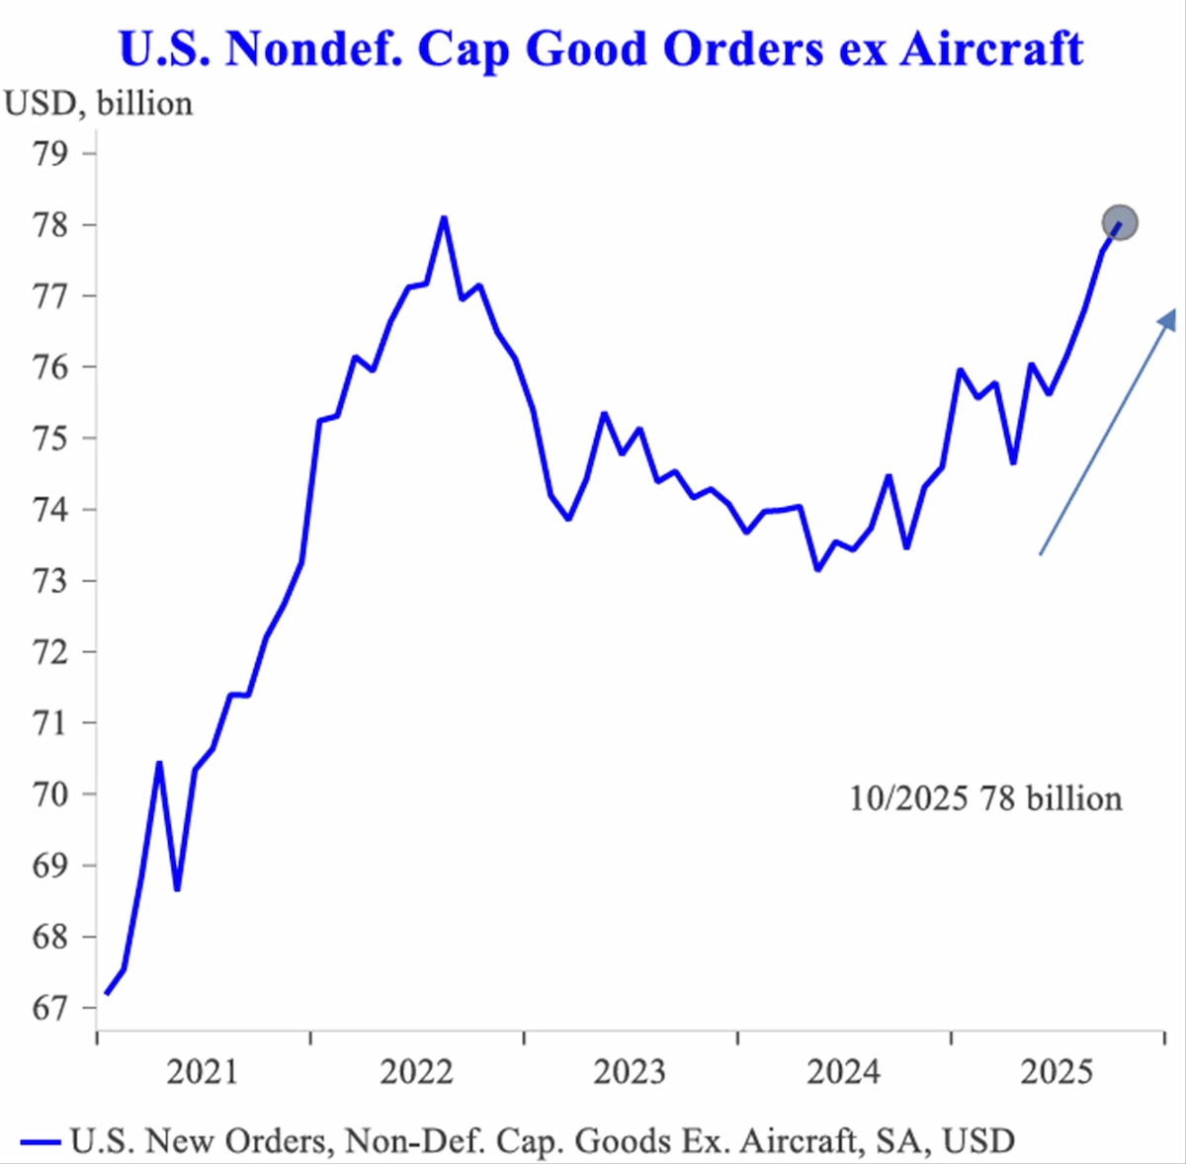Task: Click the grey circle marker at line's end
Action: (1120, 222)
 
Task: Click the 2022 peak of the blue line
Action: (444, 217)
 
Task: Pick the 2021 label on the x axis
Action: (202, 1072)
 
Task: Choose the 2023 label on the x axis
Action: (630, 1072)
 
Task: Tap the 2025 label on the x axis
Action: (1057, 1072)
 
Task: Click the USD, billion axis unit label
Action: (99, 104)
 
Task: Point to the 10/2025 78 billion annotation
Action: (985, 798)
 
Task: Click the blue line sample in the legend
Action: (40, 1142)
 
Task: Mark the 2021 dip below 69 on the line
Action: (177, 889)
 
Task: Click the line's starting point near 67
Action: (106, 993)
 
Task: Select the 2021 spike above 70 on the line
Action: (159, 763)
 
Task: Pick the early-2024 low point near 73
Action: (817, 569)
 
